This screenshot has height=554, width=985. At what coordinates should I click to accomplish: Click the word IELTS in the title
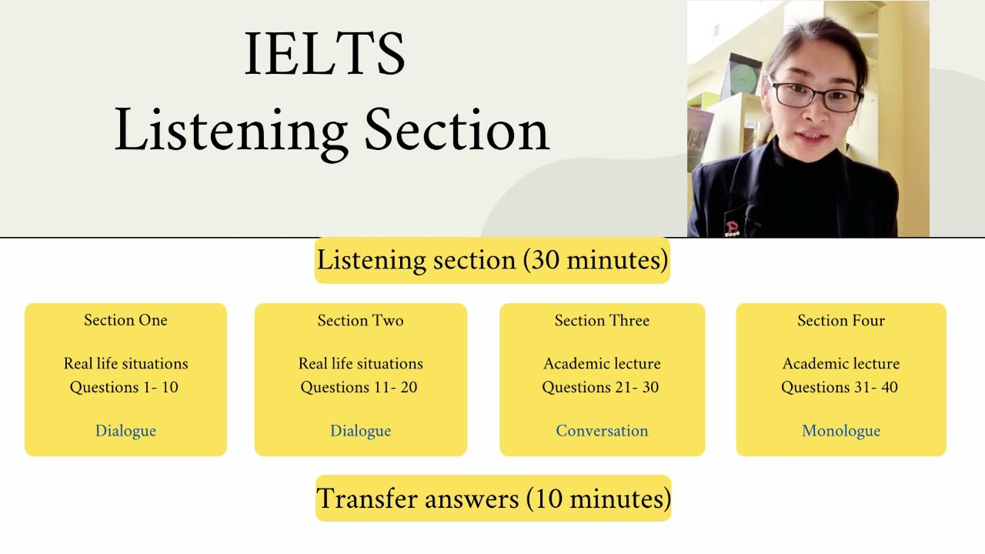324,54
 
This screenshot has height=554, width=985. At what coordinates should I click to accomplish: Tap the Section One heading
125,320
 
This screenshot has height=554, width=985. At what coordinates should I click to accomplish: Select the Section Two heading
360,320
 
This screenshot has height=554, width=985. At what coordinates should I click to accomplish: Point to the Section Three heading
602,320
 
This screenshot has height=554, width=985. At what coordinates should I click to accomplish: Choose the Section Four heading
841,320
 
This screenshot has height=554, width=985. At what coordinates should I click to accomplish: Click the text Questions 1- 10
124,387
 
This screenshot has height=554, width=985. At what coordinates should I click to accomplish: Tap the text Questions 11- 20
359,387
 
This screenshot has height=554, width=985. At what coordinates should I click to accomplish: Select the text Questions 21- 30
600,387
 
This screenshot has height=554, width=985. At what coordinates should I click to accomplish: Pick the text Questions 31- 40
840,387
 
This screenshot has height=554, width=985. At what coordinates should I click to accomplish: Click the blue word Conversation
602,431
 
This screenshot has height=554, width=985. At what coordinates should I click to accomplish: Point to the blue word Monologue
841,431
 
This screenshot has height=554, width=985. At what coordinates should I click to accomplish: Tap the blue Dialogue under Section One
125,431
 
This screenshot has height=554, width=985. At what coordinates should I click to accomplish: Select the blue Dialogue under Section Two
360,431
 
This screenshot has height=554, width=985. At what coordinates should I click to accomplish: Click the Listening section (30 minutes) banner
492,260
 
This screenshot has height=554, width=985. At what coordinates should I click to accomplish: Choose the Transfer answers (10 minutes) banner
493,499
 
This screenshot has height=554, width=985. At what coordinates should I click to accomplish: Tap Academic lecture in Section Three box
602,363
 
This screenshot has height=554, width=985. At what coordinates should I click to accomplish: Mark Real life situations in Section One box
125,363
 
